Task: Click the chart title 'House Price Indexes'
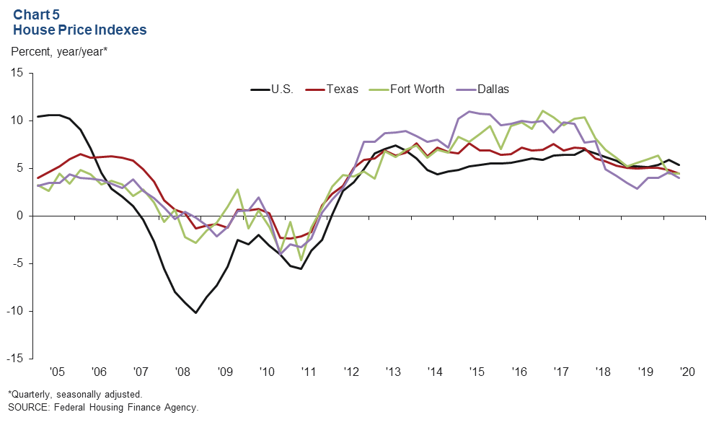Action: (x=80, y=30)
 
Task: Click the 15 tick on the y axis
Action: (x=16, y=74)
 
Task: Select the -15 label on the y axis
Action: (x=14, y=359)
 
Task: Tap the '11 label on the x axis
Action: (x=309, y=372)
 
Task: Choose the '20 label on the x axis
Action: (x=687, y=372)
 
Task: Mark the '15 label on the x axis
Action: (x=477, y=372)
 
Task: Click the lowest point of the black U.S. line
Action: (x=195, y=312)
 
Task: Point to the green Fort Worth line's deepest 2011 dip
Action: (x=301, y=260)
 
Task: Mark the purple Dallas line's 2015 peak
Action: (x=469, y=112)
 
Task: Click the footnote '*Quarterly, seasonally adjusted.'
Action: (x=75, y=395)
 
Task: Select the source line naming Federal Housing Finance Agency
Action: (x=103, y=408)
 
